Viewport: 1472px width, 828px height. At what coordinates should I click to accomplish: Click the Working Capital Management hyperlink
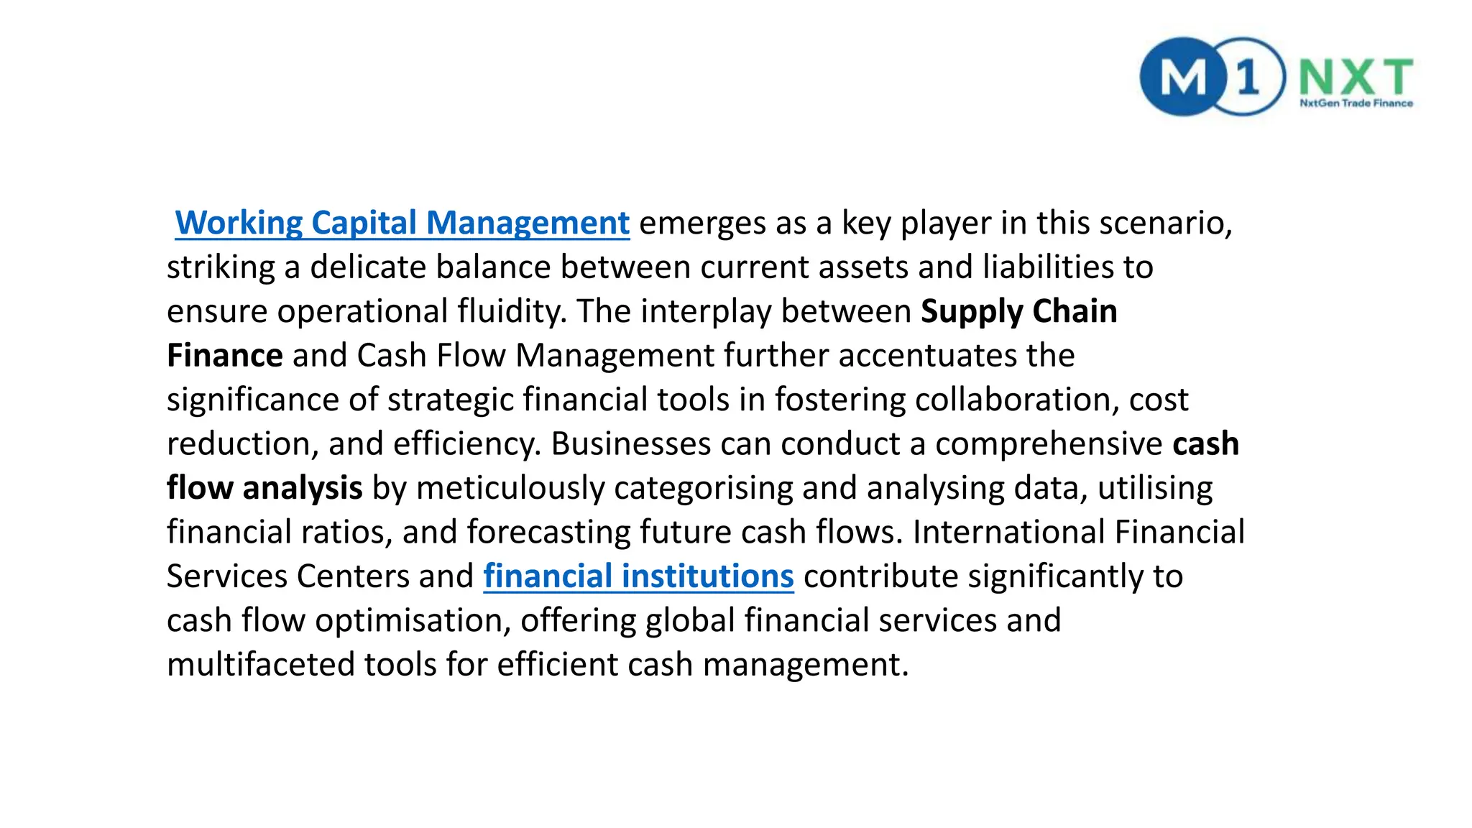[402, 223]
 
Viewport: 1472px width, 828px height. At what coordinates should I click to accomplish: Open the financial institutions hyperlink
[638, 576]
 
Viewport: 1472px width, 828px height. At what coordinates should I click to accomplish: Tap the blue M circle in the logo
[1182, 77]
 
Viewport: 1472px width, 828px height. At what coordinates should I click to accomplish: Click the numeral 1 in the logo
[1248, 77]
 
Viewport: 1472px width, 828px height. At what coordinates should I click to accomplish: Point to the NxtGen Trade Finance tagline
[1356, 103]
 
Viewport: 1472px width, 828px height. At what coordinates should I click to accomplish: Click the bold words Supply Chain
[1018, 311]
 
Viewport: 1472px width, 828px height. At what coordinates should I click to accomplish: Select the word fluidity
[512, 311]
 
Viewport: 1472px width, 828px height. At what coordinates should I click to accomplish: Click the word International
[1008, 533]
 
